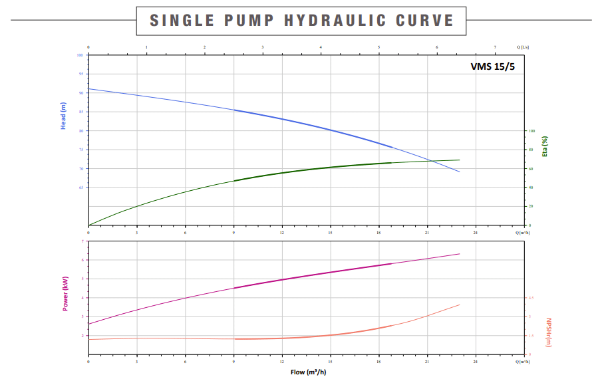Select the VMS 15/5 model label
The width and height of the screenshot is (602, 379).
tap(492, 66)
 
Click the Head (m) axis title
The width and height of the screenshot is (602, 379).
tap(64, 116)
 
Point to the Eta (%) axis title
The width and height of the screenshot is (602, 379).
tap(545, 146)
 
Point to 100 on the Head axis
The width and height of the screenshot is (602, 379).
tap(80, 55)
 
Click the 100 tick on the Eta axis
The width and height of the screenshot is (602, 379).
tap(531, 131)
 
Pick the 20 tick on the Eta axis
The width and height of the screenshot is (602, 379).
tap(531, 206)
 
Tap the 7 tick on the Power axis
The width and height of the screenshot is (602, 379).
tap(83, 241)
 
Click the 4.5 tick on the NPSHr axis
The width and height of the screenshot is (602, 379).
tap(531, 298)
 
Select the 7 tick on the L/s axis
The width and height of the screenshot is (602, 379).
tap(496, 47)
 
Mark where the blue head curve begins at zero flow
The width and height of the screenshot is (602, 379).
tap(88, 88)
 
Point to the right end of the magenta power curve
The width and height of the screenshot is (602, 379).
tap(460, 253)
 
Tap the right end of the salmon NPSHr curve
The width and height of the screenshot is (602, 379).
tap(460, 305)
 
